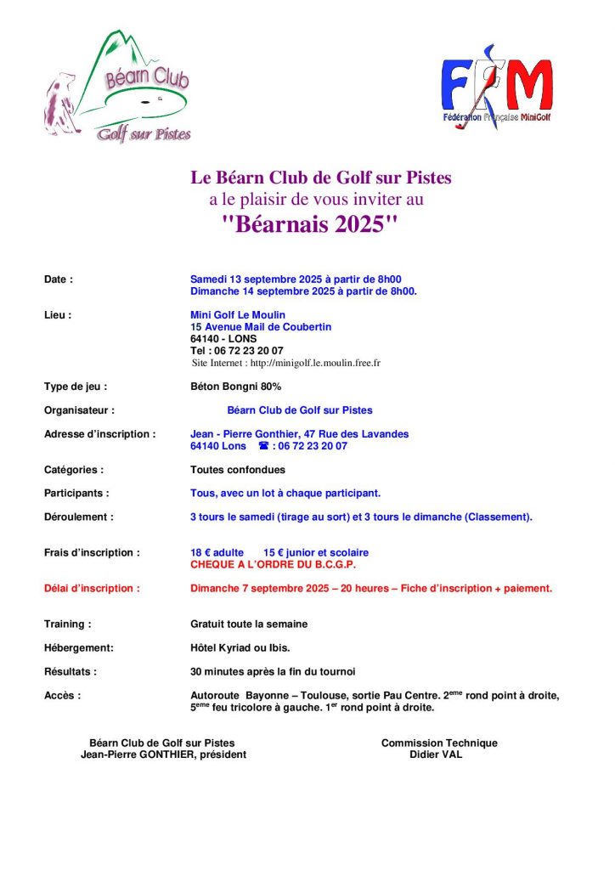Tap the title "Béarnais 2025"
coord(309,226)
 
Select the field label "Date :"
coord(59,279)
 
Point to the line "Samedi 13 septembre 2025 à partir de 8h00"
coord(296,279)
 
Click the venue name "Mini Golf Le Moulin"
coord(238,314)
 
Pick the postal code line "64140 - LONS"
coord(223,338)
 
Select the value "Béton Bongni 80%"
coord(235,387)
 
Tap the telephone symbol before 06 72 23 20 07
coord(263,446)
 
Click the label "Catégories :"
coord(74,469)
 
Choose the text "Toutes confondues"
coord(238,469)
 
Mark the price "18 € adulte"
coord(217,552)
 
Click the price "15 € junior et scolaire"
coord(316,552)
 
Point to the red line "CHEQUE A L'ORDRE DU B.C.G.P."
coord(273,564)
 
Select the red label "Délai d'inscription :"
coord(92,588)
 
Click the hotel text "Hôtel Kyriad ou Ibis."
coord(240,647)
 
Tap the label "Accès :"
coord(62,695)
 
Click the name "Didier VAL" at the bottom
coord(436,754)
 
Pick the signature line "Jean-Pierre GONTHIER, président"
coord(163,754)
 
